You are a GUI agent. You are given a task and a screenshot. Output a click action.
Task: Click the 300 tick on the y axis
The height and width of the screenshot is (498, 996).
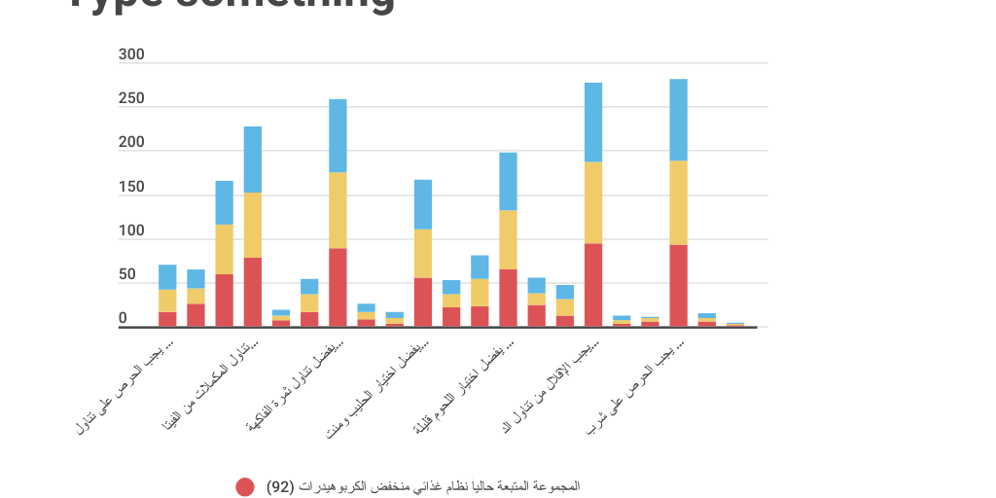point(131,55)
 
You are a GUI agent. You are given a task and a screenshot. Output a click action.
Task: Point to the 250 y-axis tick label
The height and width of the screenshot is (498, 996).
point(131,99)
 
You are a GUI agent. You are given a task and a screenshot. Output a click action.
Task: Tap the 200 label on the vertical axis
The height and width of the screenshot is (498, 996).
point(131,143)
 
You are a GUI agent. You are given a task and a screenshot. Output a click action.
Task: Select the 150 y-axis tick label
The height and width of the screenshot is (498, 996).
point(131,188)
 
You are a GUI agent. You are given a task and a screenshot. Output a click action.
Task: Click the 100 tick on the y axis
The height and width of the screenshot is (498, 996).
point(131,231)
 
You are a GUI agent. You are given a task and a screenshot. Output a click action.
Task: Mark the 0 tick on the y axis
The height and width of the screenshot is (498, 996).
point(123,319)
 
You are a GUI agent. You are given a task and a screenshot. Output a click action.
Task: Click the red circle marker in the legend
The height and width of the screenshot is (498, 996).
point(245,486)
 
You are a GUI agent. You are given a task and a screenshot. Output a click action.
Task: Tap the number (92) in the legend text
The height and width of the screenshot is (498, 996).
point(280,486)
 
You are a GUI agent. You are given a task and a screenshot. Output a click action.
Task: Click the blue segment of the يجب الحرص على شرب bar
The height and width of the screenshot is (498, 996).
point(678,120)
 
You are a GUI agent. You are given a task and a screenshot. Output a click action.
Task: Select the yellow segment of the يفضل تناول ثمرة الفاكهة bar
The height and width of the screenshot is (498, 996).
point(338,210)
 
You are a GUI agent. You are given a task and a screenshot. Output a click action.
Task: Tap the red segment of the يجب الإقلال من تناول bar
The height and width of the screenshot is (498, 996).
point(593,285)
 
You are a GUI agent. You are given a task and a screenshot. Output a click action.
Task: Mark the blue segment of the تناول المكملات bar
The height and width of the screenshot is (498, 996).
point(253,160)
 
